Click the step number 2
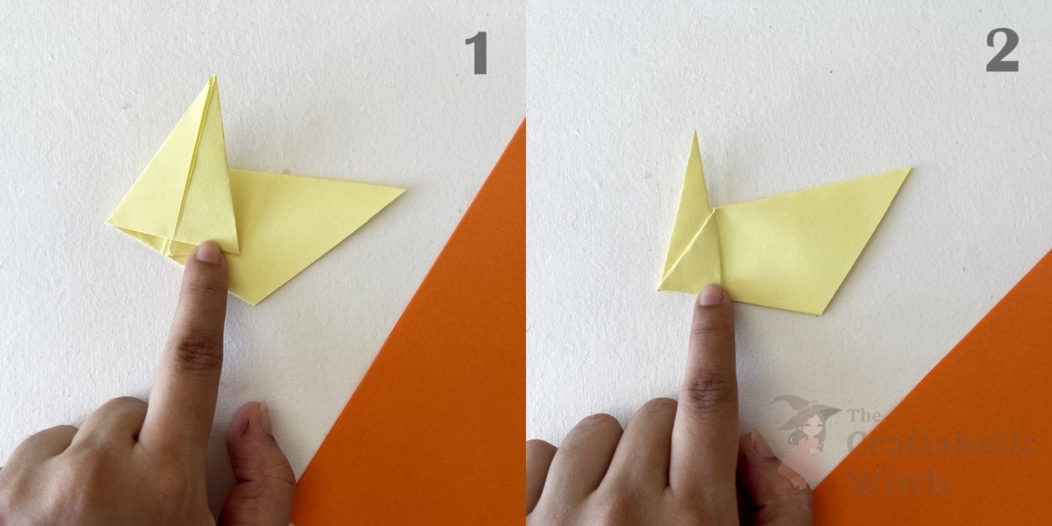pyautogui.click(x=1002, y=52)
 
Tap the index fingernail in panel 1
pyautogui.click(x=208, y=252)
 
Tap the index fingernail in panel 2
pyautogui.click(x=711, y=295)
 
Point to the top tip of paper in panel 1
pyautogui.click(x=213, y=77)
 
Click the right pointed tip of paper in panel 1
pyautogui.click(x=404, y=189)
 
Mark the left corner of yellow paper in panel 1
pyautogui.click(x=108, y=223)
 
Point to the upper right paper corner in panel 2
pyautogui.click(x=910, y=169)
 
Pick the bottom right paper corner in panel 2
pyautogui.click(x=821, y=314)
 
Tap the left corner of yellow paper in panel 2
pyautogui.click(x=660, y=289)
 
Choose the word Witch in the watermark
pyautogui.click(x=897, y=482)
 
